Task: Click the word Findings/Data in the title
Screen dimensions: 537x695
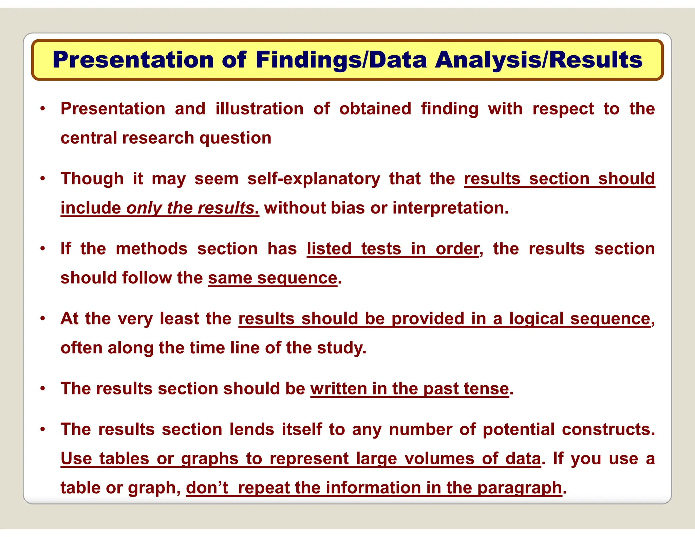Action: (x=341, y=60)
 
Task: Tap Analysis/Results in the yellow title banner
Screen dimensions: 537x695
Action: (x=539, y=60)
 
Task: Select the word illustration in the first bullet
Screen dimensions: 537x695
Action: (x=260, y=109)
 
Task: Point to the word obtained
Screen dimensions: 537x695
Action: (x=375, y=109)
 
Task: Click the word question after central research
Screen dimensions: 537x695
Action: (x=236, y=138)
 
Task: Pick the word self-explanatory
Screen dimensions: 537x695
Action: (x=314, y=179)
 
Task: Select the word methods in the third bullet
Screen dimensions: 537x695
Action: (x=151, y=249)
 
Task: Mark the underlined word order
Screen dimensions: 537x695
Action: (x=457, y=249)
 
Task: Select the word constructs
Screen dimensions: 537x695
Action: (x=608, y=429)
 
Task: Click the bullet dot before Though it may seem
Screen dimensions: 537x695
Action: (x=42, y=179)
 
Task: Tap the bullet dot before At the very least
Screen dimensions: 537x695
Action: (x=42, y=319)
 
